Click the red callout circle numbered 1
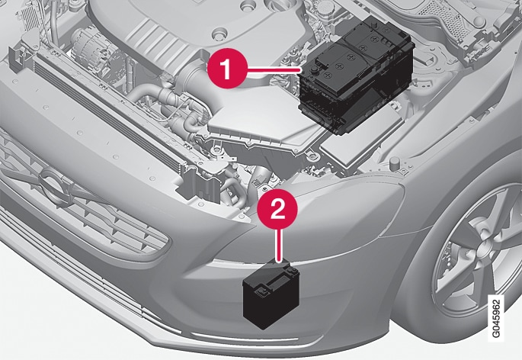[x=227, y=69]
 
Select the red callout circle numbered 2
[x=277, y=209]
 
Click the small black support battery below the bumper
[x=271, y=295]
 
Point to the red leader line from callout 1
[x=274, y=69]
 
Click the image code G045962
[x=496, y=318]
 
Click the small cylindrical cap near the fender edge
[x=395, y=162]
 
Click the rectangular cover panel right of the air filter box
[x=361, y=137]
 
